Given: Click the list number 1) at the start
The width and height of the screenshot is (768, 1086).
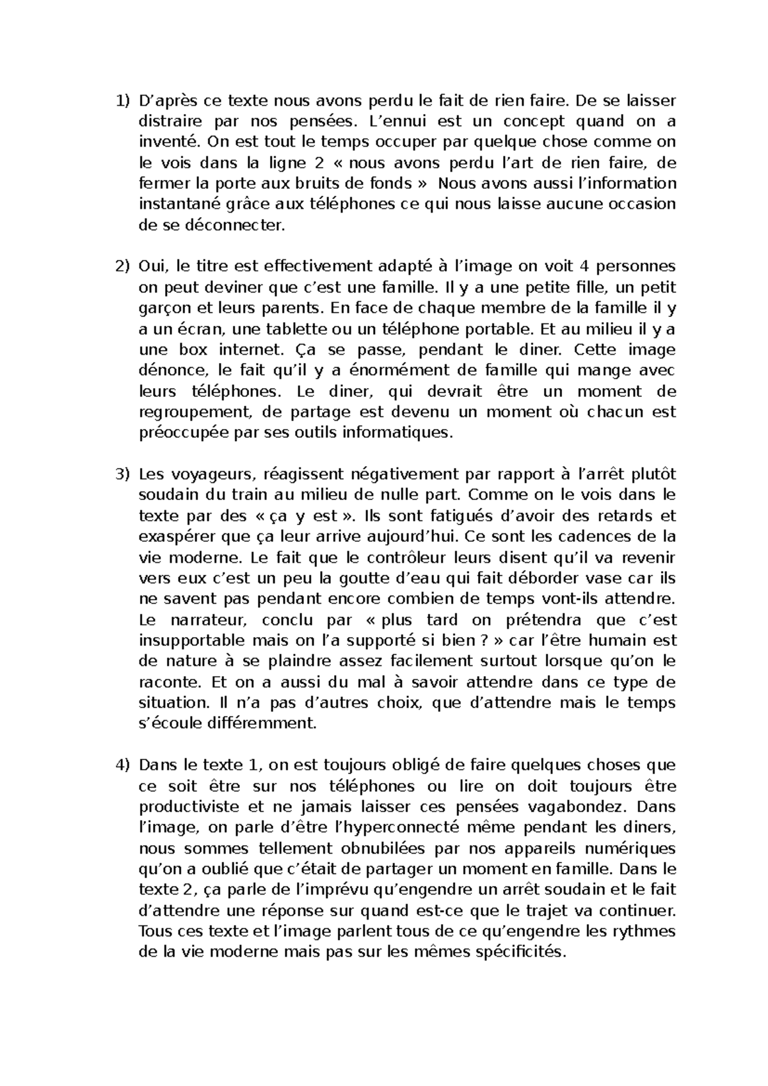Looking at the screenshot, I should (x=122, y=101).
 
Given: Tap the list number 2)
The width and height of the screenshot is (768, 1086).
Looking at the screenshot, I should (x=122, y=266).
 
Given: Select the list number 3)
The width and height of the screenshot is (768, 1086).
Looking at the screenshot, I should (x=122, y=474).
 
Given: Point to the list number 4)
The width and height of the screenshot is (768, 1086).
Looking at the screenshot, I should (x=122, y=765).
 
